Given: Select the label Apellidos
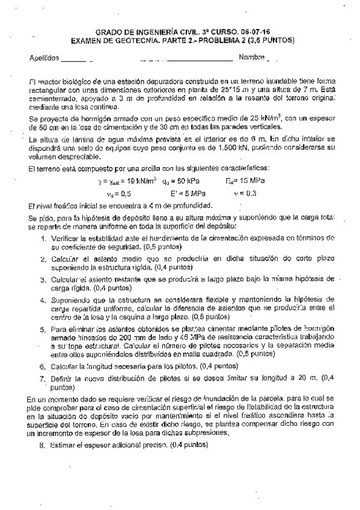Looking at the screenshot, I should pos(44,58).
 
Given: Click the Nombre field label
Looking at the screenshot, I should pos(252,58).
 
